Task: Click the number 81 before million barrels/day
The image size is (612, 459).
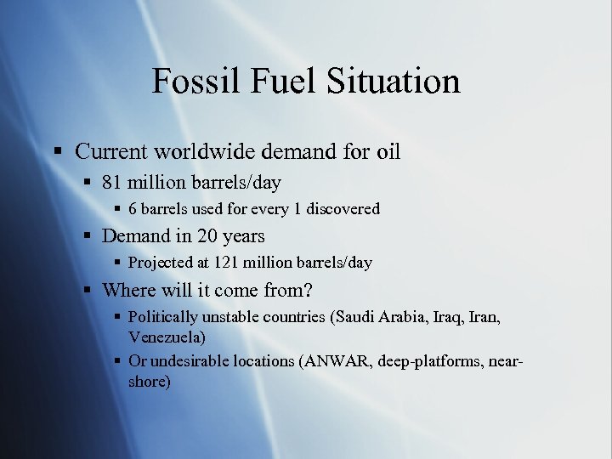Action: point(111,183)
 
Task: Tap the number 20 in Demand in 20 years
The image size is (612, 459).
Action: point(207,236)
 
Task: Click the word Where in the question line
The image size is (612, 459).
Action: point(128,290)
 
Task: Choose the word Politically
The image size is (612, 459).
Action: point(163,317)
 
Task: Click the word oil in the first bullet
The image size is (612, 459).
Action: point(387,152)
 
